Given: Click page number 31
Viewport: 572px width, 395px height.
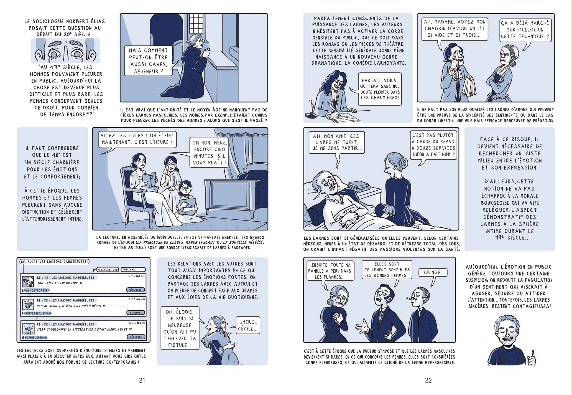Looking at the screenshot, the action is (142, 381).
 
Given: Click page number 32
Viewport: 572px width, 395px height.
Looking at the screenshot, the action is (428, 381).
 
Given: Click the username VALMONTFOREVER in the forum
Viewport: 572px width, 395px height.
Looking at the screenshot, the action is (37, 290).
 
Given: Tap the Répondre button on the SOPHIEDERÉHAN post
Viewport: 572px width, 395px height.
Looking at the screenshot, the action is (136, 337).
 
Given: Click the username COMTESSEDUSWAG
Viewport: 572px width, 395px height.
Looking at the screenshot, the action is (38, 313).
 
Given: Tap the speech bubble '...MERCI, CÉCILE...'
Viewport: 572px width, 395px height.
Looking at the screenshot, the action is (247, 325).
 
